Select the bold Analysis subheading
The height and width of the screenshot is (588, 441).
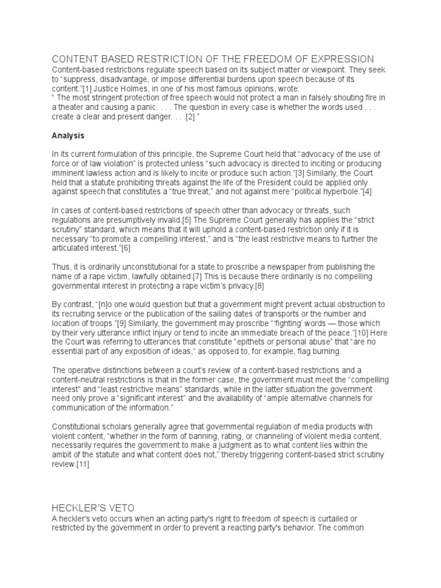point(68,136)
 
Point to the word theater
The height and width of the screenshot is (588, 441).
point(78,107)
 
